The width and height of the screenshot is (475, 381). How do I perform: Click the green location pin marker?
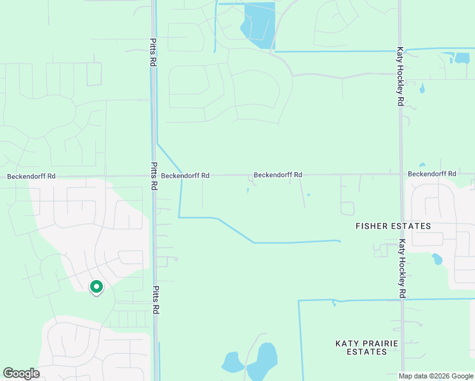[x=96, y=288]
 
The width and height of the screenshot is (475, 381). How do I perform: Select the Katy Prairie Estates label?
[x=367, y=347]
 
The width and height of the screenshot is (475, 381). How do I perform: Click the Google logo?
[x=21, y=373]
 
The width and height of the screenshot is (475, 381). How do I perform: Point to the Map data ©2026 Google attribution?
[x=436, y=376]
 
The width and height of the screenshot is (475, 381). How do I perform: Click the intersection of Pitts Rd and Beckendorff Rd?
[x=154, y=176]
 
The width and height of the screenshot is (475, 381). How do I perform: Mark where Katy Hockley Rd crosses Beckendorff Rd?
[x=401, y=174]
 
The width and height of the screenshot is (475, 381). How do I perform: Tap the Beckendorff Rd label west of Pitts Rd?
[x=31, y=176]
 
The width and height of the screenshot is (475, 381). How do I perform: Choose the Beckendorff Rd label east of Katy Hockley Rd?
[x=432, y=174]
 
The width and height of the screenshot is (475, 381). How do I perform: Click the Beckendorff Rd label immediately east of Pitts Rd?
[x=185, y=176]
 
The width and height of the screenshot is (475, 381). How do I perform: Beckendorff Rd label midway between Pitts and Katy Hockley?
[x=278, y=175]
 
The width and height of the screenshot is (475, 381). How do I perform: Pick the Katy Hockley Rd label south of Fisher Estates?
[x=402, y=268]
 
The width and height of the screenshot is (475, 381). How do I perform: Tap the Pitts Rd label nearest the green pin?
[x=154, y=300]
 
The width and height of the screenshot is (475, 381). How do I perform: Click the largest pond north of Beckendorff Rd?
[x=258, y=24]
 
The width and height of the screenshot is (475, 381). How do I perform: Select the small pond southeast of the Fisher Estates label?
[x=436, y=259]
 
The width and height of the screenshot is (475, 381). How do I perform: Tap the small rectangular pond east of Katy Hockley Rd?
[x=462, y=58]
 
